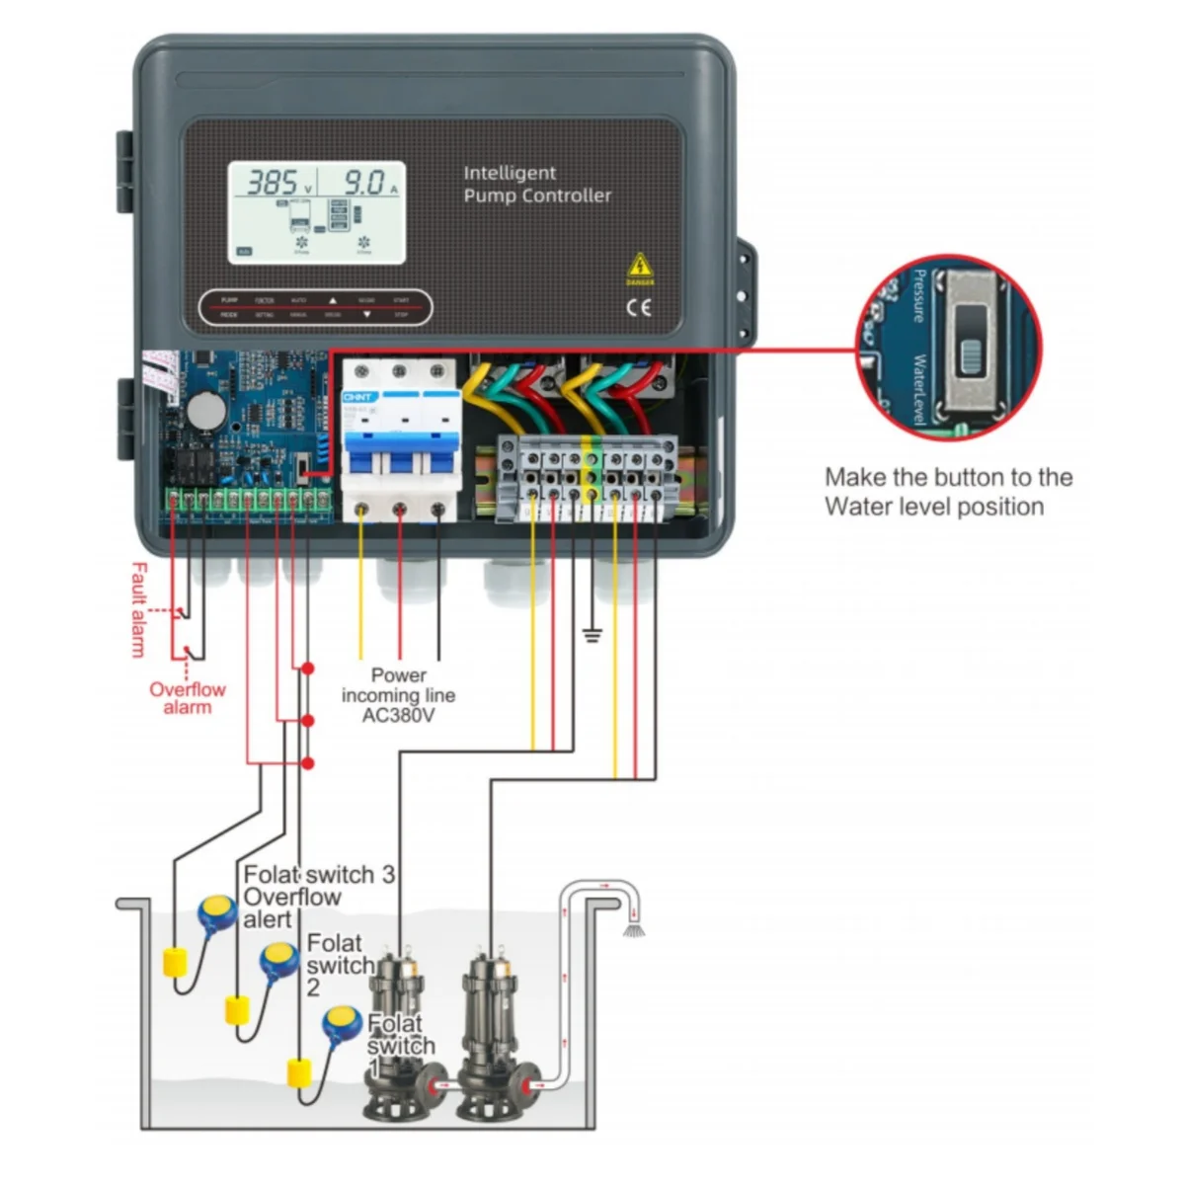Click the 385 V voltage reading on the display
coord(273,183)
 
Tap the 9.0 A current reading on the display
coord(364,183)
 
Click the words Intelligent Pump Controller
coord(536,185)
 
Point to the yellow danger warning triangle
coord(640,266)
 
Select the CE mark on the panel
coord(639,307)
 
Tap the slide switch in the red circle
coord(973,342)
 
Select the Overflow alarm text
coord(188,698)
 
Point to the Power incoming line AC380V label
coord(398,695)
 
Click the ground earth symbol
coord(592,633)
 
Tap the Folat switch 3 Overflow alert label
coord(316,897)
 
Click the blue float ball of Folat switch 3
coord(216,913)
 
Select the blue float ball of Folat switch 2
coord(279,959)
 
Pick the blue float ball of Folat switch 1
coord(342,1022)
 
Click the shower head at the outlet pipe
coord(633,928)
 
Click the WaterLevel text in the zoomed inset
coord(917,389)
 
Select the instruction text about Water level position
coord(948,492)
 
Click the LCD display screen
coord(317,212)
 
